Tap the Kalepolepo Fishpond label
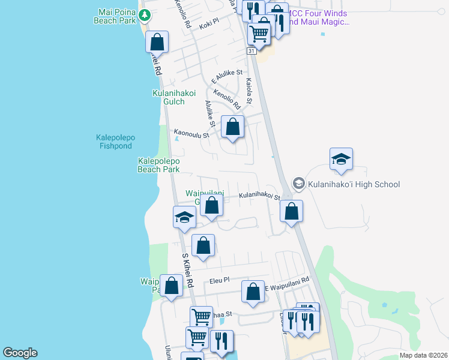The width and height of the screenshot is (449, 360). (115, 142)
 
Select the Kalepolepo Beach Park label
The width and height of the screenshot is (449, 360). (158, 165)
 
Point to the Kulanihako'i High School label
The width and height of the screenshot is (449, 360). (354, 184)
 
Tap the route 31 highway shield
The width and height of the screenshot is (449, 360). (252, 52)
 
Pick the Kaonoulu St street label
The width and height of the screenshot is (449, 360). (191, 134)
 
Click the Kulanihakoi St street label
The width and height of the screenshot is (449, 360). (259, 196)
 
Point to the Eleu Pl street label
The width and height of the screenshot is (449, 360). (220, 280)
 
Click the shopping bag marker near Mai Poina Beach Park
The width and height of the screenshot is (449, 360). (157, 42)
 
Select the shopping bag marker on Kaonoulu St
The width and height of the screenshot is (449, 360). (232, 127)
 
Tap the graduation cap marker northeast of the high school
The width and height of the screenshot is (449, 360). (340, 159)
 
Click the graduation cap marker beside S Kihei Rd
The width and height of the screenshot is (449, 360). (184, 217)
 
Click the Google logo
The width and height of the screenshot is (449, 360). (20, 353)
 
